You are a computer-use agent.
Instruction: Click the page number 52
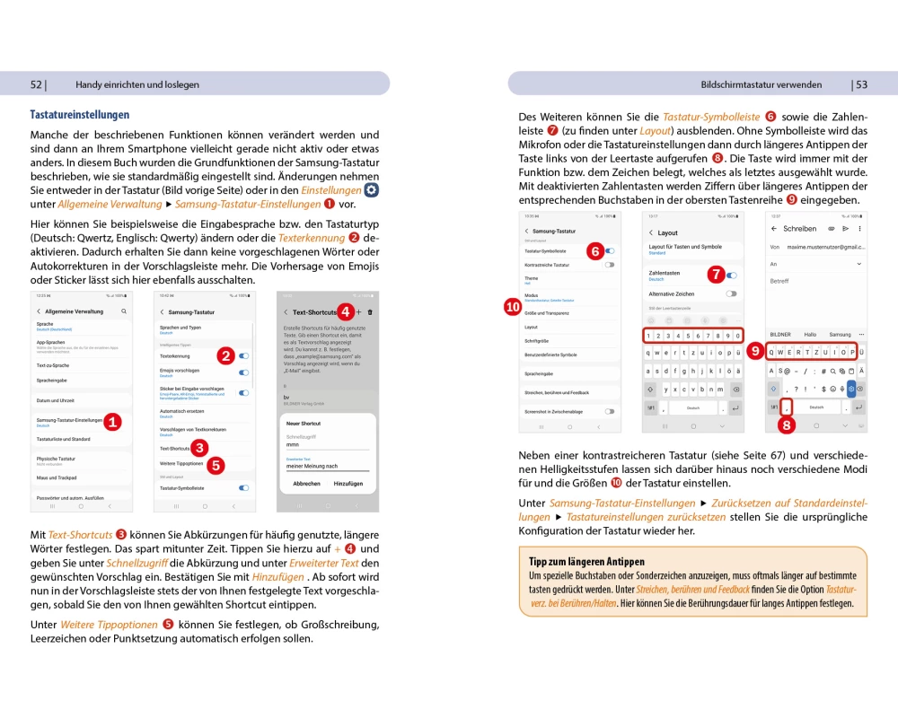[37, 84]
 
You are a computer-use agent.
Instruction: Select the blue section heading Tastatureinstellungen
[80, 115]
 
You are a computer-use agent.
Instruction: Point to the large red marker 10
[513, 307]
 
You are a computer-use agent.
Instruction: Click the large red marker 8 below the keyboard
[787, 426]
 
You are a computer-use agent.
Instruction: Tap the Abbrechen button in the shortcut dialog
[306, 483]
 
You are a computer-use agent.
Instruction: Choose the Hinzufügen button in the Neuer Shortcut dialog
[349, 483]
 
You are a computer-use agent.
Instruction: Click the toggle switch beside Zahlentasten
[731, 275]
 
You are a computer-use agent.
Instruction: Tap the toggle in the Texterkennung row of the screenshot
[243, 356]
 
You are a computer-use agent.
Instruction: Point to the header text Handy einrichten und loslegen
[137, 84]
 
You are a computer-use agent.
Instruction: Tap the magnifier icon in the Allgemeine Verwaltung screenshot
[124, 311]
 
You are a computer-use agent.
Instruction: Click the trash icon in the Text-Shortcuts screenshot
[370, 311]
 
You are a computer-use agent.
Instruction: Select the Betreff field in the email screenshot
[779, 281]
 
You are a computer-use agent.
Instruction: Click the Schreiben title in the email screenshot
[799, 229]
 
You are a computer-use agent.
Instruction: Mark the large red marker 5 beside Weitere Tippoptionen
[216, 465]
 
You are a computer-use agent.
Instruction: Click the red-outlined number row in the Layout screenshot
[692, 336]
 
